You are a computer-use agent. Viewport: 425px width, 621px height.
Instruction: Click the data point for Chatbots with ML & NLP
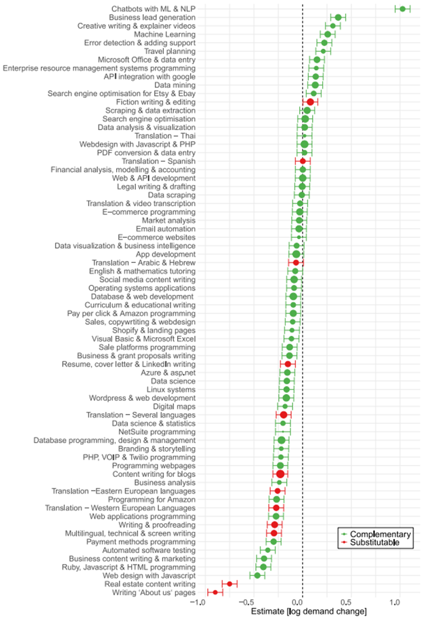403,9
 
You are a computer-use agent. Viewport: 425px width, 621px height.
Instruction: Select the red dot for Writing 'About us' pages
215,593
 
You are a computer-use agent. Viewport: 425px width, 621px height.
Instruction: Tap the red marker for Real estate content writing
229,584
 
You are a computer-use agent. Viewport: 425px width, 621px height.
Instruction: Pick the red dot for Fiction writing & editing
310,102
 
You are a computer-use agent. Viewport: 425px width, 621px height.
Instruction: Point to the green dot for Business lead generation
338,18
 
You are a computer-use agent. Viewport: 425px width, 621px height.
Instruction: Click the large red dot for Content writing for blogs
280,474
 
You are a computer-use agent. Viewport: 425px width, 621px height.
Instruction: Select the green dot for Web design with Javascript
257,575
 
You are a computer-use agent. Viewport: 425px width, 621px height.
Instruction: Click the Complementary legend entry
376,534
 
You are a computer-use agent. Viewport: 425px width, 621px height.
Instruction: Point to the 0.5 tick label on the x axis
346,602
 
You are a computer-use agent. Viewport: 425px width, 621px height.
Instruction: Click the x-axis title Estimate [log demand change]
309,612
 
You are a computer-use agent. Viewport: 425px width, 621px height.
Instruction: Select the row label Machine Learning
164,34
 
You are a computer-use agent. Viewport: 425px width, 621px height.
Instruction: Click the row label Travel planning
170,51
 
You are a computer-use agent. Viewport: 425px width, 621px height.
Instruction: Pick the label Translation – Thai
165,136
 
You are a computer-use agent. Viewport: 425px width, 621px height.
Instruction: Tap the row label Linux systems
171,390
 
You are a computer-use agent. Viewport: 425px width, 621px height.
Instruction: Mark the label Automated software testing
149,550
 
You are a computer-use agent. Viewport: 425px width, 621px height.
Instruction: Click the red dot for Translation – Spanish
302,161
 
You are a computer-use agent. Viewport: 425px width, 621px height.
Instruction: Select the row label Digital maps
174,407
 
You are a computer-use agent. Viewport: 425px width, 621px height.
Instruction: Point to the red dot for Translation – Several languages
284,415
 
